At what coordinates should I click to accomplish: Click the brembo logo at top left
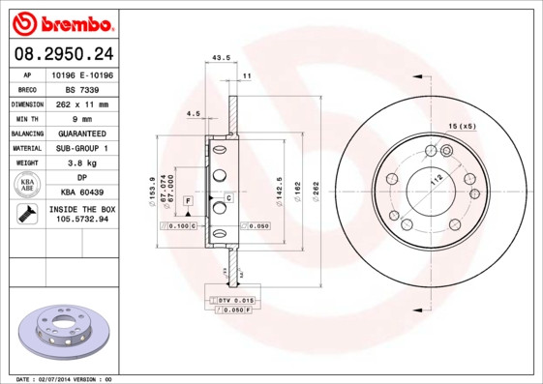coord(62,22)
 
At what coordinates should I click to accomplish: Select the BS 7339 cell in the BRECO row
coord(82,88)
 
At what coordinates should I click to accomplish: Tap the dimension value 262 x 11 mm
coord(82,103)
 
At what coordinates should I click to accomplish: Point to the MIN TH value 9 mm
coord(82,118)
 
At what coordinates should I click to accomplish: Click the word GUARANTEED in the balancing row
coord(82,133)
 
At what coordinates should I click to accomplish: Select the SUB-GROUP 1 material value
coord(82,148)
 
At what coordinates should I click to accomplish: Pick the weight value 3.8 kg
coord(82,163)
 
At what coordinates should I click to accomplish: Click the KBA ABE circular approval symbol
coord(26,186)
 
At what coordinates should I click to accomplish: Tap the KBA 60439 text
coord(82,192)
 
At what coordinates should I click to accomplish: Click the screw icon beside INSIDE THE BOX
coord(25,215)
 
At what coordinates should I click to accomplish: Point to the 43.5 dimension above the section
coord(220,58)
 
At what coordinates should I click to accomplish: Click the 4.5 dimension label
coord(193,114)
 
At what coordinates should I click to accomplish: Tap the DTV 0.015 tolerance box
coord(232,302)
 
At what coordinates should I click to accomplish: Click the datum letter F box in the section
coord(188,199)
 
